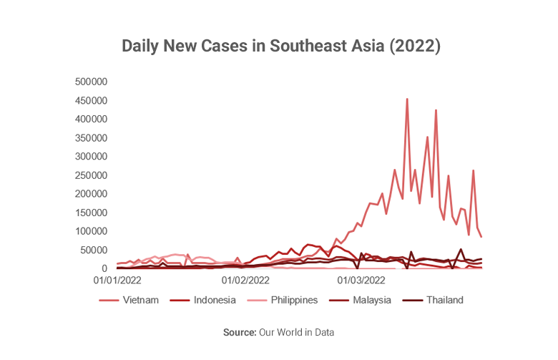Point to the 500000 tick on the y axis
(90, 82)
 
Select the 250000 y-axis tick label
(90, 175)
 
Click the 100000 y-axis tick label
(90, 231)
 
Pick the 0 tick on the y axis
(104, 268)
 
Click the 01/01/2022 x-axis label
(117, 281)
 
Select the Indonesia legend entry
(214, 300)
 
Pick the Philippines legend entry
(294, 300)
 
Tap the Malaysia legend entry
(371, 300)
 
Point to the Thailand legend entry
(444, 300)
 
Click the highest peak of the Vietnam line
(407, 99)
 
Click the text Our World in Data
(297, 332)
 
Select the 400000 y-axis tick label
(90, 119)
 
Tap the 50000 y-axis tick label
(93, 250)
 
